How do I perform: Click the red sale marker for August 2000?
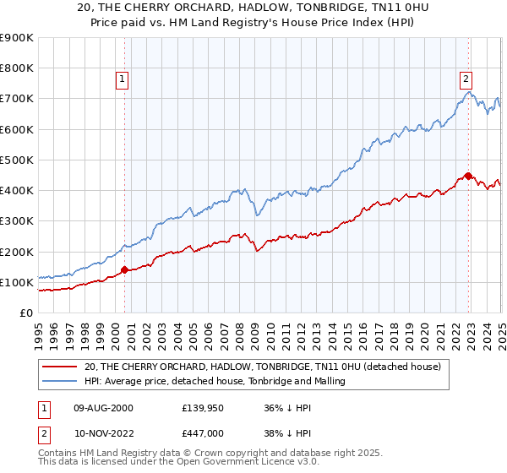pos(124,270)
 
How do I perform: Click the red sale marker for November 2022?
pos(468,177)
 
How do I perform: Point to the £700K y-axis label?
pos(17,99)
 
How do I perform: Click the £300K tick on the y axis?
pos(17,221)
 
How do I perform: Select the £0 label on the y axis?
pos(25,313)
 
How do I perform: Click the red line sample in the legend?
pos(60,367)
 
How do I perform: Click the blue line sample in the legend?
pos(60,381)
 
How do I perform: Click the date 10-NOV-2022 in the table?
pos(102,432)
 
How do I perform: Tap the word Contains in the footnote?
pos(60,454)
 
